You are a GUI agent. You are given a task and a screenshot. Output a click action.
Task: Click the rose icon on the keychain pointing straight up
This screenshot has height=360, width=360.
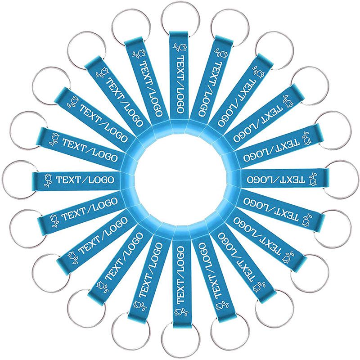click(x=180, y=48)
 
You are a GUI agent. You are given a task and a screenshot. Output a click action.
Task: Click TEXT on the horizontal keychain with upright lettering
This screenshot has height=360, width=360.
click(x=68, y=180)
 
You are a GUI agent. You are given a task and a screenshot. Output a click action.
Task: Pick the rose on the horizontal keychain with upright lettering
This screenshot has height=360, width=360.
click(x=49, y=180)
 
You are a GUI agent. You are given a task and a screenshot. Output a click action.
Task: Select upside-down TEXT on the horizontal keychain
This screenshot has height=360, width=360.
click(x=293, y=179)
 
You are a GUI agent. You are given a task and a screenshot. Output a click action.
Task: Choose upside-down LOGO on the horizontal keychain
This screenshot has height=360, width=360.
click(x=258, y=179)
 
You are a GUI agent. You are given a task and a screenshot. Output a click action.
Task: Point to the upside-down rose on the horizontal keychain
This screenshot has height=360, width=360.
click(x=313, y=179)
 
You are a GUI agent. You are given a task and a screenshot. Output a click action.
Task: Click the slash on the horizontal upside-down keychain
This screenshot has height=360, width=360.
click(x=275, y=179)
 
